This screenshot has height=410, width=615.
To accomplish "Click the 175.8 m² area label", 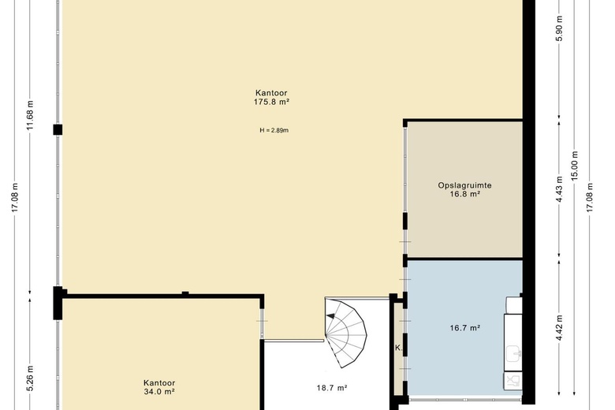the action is [x=271, y=102].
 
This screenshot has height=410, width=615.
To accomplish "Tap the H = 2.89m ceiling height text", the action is [x=274, y=130].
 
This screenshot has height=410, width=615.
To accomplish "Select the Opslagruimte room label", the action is [x=464, y=185].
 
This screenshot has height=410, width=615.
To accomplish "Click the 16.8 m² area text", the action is [x=465, y=194].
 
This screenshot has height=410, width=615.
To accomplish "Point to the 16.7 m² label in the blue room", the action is [x=465, y=328].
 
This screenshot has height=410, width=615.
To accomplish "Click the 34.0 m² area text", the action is [x=158, y=392].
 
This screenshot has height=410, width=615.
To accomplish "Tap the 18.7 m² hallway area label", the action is [x=332, y=388].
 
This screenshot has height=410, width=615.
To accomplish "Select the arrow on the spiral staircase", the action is [x=330, y=315].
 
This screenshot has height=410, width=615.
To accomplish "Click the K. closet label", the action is [x=398, y=348].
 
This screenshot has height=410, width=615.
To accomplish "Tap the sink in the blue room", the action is [x=513, y=354].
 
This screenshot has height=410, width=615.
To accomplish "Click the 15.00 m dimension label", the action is [x=575, y=166].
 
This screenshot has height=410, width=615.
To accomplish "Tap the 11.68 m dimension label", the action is [x=30, y=115].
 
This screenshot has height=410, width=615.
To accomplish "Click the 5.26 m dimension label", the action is [x=30, y=378].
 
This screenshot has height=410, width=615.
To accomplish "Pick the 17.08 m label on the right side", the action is [x=590, y=198].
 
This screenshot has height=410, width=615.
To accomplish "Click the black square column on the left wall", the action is [x=58, y=130].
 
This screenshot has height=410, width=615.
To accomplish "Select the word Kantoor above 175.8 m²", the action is [x=271, y=93].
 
